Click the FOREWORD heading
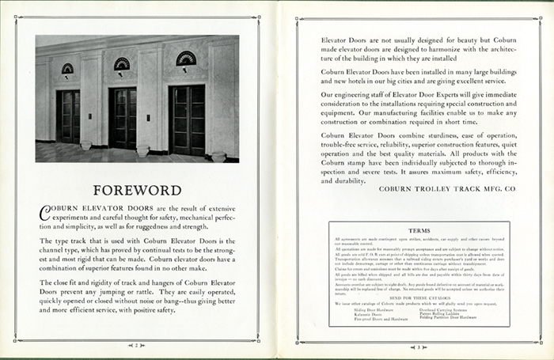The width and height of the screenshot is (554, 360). click(138, 190)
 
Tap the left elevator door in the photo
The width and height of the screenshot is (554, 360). click(68, 116)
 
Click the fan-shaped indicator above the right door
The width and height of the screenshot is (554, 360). click(186, 59)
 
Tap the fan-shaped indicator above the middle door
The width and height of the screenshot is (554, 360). click(122, 63)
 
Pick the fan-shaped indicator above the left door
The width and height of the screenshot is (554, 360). click(68, 69)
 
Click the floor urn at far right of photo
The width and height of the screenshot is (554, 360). click(218, 154)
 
